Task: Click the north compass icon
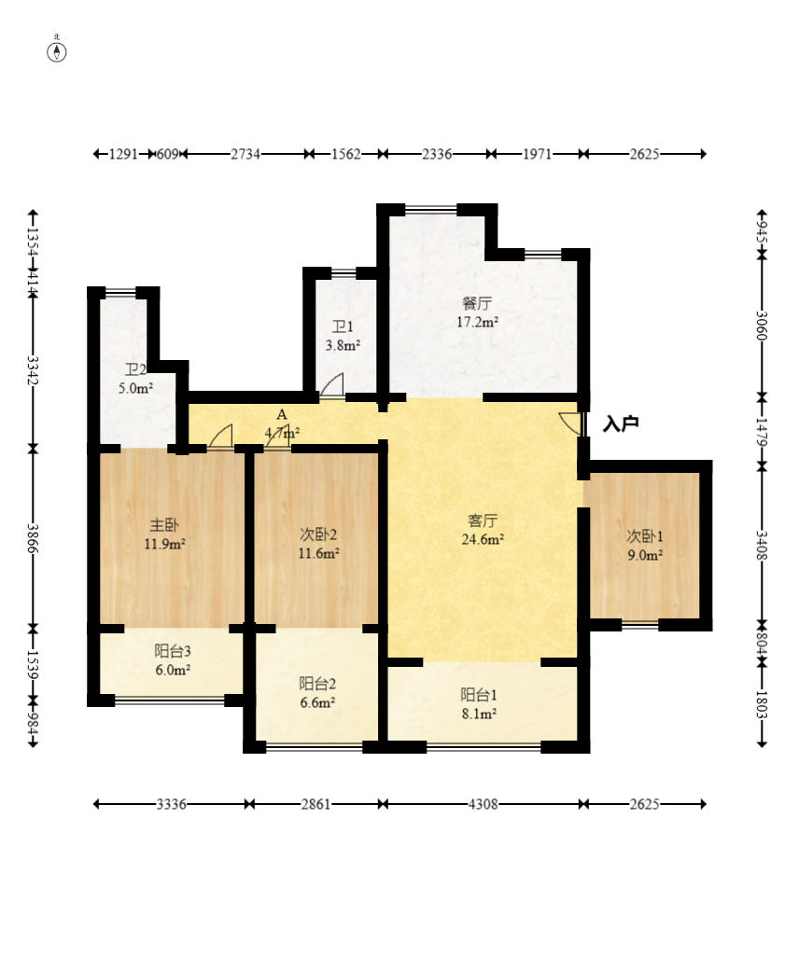[57, 51]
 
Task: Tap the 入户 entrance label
[621, 424]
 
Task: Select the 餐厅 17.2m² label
[477, 312]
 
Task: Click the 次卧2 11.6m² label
[318, 543]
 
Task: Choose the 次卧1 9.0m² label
[644, 545]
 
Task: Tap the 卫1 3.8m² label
[343, 336]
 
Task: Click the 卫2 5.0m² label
[135, 378]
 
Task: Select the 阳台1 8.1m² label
[478, 703]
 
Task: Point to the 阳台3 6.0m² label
[173, 660]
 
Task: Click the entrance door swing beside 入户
[569, 423]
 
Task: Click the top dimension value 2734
[245, 154]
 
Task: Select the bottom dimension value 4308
[484, 804]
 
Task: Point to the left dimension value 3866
[33, 538]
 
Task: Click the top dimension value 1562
[345, 154]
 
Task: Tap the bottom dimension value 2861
[315, 804]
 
